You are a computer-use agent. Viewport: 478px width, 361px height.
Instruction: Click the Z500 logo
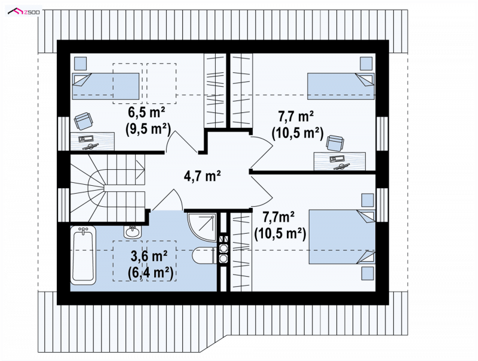pyautogui.click(x=24, y=11)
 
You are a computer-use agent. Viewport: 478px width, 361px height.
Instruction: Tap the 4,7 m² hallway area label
pyautogui.click(x=203, y=176)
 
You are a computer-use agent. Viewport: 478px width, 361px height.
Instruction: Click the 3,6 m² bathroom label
pyautogui.click(x=149, y=257)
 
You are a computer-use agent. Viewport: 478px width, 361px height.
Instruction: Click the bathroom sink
pyautogui.click(x=132, y=232)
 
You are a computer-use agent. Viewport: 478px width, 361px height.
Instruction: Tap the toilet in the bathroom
pyautogui.click(x=205, y=255)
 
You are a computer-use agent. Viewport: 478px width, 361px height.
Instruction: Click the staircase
pyautogui.click(x=108, y=188)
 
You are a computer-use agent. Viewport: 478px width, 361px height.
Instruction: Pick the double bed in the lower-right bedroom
pyautogui.click(x=342, y=237)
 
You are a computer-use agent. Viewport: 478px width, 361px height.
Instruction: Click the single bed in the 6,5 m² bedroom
pyautogui.click(x=106, y=86)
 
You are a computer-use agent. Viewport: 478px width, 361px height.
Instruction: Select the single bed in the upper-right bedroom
pyautogui.click(x=341, y=86)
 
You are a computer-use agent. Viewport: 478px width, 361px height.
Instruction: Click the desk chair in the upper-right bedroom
pyautogui.click(x=335, y=143)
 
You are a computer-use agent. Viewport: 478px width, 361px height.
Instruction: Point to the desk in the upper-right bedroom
pyautogui.click(x=339, y=161)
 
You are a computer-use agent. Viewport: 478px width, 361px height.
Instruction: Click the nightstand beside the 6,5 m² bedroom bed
pyautogui.click(x=81, y=63)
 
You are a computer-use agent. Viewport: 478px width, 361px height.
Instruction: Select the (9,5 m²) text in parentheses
pyautogui.click(x=148, y=129)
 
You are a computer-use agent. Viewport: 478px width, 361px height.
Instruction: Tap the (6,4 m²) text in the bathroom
pyautogui.click(x=151, y=273)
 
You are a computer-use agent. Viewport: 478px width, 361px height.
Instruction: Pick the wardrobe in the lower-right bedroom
pyautogui.click(x=241, y=252)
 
